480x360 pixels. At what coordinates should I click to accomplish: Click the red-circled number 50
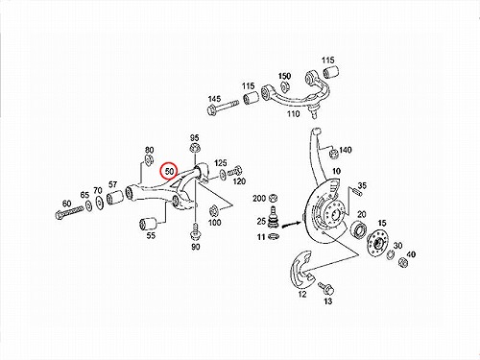(169, 172)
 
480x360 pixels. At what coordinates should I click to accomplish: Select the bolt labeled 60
(69, 212)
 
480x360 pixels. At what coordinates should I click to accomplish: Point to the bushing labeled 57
(115, 197)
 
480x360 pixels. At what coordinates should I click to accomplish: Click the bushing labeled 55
(148, 224)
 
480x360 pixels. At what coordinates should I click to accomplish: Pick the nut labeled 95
(194, 149)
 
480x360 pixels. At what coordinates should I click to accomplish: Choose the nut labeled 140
(333, 154)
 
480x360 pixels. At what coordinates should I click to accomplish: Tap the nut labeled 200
(273, 198)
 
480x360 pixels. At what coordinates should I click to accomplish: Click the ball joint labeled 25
(273, 218)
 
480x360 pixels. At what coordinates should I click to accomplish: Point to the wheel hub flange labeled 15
(376, 244)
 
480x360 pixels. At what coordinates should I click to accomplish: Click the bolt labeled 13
(326, 289)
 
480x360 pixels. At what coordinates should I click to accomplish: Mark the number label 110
(293, 113)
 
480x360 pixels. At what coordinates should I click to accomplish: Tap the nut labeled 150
(283, 86)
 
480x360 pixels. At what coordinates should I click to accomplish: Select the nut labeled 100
(213, 211)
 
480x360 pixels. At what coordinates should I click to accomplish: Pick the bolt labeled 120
(235, 171)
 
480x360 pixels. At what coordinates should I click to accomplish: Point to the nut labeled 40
(403, 262)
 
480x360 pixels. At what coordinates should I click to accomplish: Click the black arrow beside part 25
(290, 225)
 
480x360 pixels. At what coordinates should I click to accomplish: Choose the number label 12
(302, 294)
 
